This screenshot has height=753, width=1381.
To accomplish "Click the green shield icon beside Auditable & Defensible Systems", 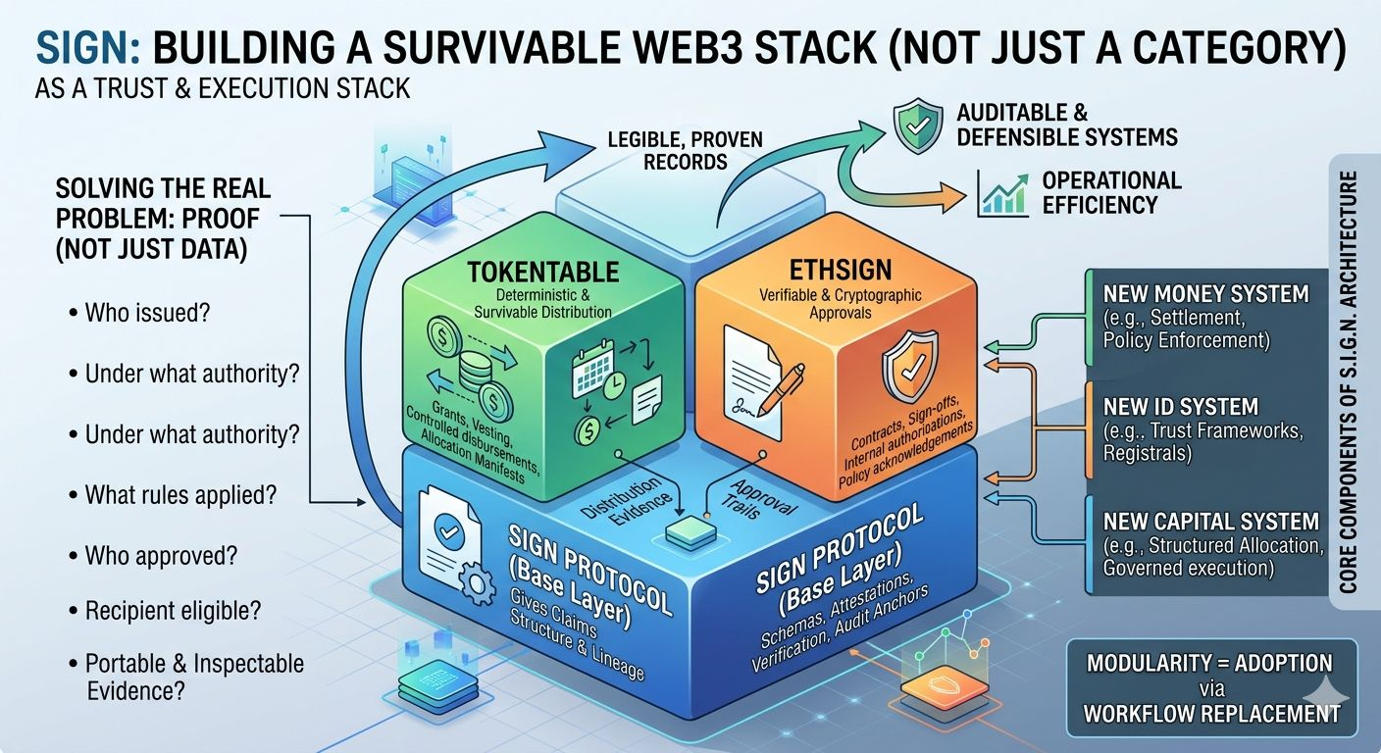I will click(917, 125).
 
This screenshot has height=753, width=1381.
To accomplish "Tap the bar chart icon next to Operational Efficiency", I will click(1001, 193).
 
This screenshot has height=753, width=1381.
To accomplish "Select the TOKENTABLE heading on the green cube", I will click(542, 272).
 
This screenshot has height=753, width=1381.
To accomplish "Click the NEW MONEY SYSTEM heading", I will click(1205, 293).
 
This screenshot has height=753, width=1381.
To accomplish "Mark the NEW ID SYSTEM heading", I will click(1180, 407).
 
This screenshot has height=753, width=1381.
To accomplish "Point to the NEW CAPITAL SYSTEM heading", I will click(1209, 522).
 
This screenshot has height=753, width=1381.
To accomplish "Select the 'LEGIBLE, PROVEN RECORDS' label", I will click(686, 150).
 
